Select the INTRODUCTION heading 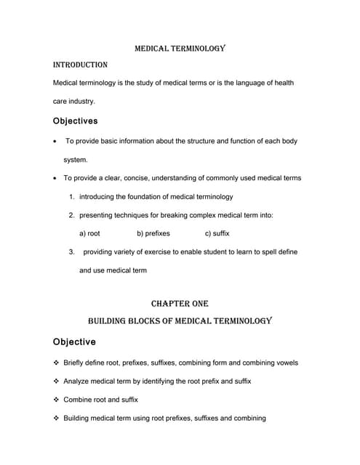(x=81, y=65)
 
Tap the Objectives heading (x=76, y=121)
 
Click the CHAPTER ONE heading (x=180, y=304)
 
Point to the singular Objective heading (x=73, y=341)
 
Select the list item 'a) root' (x=89, y=233)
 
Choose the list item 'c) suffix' (x=217, y=233)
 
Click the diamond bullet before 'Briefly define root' (x=57, y=363)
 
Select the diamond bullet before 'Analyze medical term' (x=57, y=381)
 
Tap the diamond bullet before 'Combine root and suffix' (x=57, y=400)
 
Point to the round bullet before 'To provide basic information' (x=57, y=141)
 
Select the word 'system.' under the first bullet (x=76, y=159)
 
